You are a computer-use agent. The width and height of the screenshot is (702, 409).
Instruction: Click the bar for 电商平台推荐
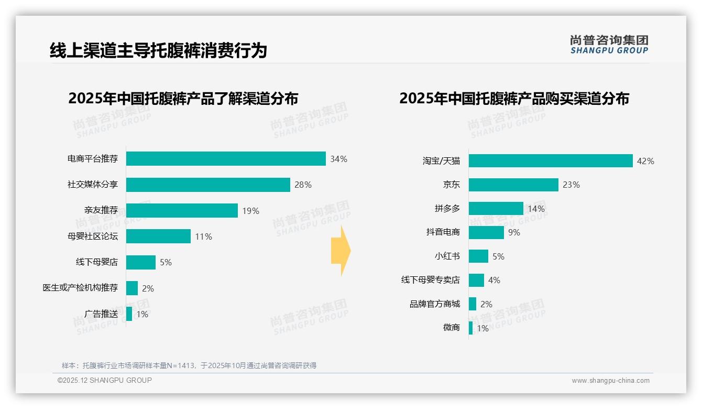point(226,159)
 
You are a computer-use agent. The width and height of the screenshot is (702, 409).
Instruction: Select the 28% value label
point(303,185)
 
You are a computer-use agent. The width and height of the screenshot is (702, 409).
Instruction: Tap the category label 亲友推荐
point(101,210)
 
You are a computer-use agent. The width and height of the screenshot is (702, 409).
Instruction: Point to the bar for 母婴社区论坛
point(158,236)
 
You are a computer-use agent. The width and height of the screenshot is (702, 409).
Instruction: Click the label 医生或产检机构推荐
point(80,288)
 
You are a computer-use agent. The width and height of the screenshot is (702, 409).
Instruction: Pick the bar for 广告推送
point(129,314)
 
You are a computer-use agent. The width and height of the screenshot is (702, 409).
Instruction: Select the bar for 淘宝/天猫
point(551,161)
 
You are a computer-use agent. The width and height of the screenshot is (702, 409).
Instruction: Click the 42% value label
point(645,161)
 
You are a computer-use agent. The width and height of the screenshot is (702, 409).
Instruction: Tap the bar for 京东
point(513,185)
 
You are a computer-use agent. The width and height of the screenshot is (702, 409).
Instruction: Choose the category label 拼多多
point(447,209)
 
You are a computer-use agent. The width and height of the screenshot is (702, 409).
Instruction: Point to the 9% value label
point(514,232)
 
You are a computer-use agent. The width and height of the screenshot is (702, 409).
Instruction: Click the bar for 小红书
point(478,256)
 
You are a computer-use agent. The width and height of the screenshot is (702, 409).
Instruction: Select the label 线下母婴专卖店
point(430,280)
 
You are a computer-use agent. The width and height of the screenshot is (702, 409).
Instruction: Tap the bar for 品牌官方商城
point(473,304)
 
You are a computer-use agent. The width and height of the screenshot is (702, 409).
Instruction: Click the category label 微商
point(451,328)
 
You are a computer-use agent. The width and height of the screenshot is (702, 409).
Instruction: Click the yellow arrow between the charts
point(341,251)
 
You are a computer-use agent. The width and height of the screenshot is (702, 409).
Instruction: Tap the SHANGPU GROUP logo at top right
point(609,44)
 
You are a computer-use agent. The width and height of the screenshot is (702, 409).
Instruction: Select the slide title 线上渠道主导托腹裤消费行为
point(158,50)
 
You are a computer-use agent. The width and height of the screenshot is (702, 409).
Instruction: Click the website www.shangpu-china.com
point(610,381)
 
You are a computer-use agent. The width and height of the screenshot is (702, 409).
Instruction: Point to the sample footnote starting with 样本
point(189,365)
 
